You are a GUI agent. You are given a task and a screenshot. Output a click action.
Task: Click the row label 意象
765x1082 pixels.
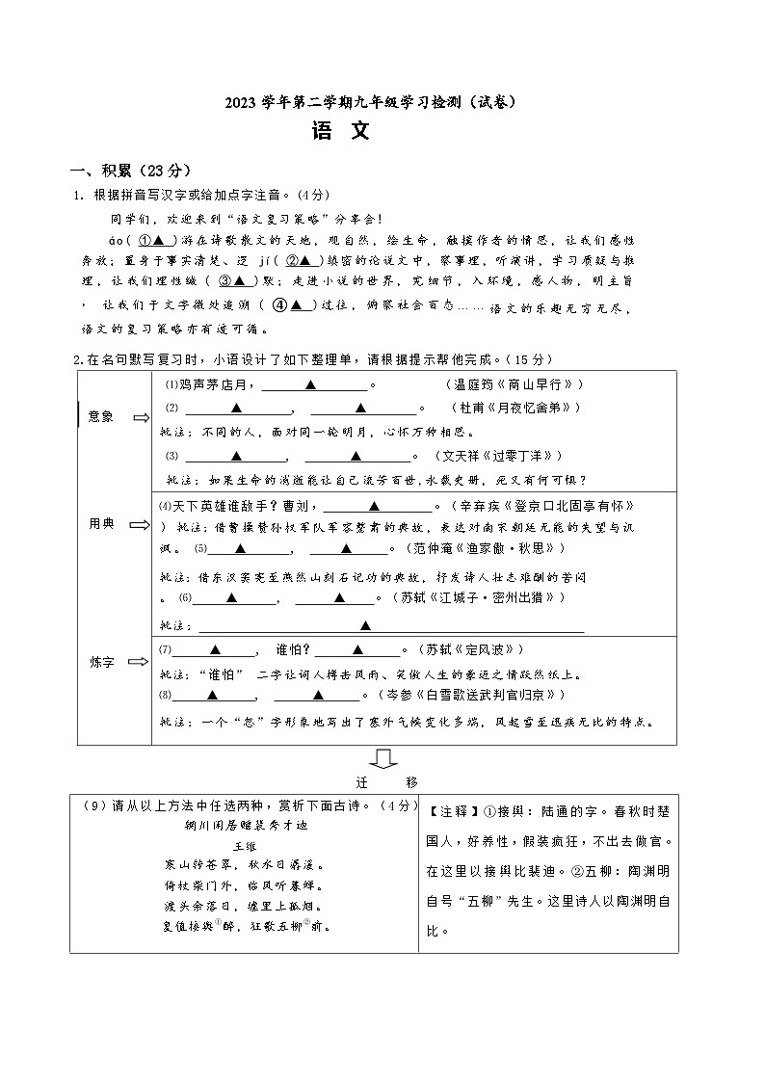coord(101,417)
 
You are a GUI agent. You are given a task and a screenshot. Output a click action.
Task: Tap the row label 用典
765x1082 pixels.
coord(101,523)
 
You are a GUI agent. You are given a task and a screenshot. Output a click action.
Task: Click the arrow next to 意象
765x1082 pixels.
coord(141,417)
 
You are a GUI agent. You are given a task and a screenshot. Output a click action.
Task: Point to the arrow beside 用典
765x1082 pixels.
coord(141,524)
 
